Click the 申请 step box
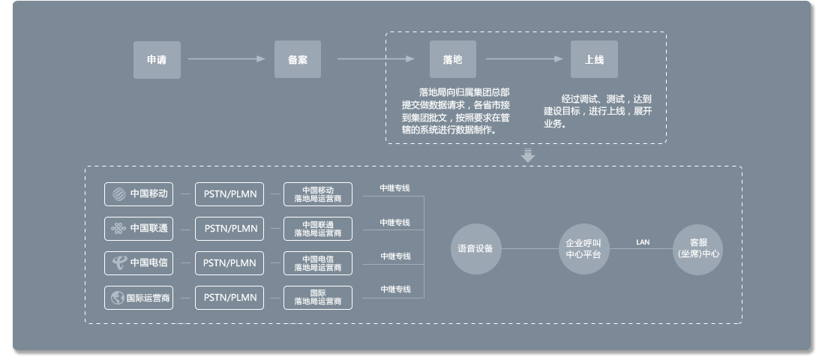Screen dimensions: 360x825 157,59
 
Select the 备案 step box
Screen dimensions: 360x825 297,59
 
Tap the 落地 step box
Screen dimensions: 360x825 452,59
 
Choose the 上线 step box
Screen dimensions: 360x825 594,59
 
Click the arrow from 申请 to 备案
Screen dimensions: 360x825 226,59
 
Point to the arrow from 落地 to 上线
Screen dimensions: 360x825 523,59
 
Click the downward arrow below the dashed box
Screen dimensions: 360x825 528,156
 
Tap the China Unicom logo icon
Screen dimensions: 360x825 118,229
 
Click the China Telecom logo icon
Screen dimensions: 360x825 118,262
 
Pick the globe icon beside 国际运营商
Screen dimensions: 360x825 118,298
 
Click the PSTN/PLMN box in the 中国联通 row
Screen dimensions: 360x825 230,229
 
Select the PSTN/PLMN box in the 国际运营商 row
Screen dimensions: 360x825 230,298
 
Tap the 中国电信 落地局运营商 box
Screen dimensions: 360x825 318,263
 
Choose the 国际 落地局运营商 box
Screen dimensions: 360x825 318,297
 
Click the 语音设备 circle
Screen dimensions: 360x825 475,249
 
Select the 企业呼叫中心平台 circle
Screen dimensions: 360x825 583,249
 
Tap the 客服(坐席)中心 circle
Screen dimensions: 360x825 698,249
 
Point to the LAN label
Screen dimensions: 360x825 643,242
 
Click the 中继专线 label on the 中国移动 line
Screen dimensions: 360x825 394,188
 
